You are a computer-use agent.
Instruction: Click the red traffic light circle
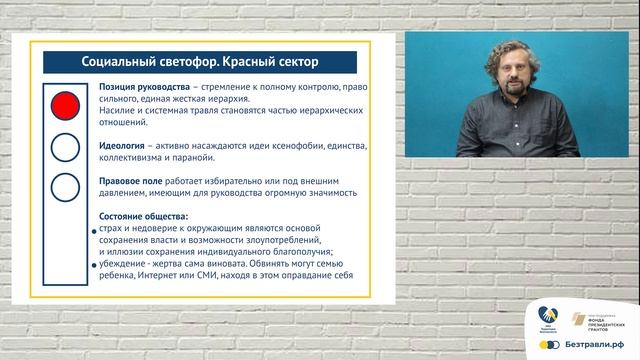pyautogui.click(x=65, y=104)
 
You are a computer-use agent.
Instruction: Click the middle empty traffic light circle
pyautogui.click(x=65, y=146)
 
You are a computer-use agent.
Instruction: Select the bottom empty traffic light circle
pyautogui.click(x=65, y=186)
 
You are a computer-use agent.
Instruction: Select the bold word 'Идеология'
pyautogui.click(x=123, y=146)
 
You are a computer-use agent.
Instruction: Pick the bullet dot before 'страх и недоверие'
pyautogui.click(x=93, y=231)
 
